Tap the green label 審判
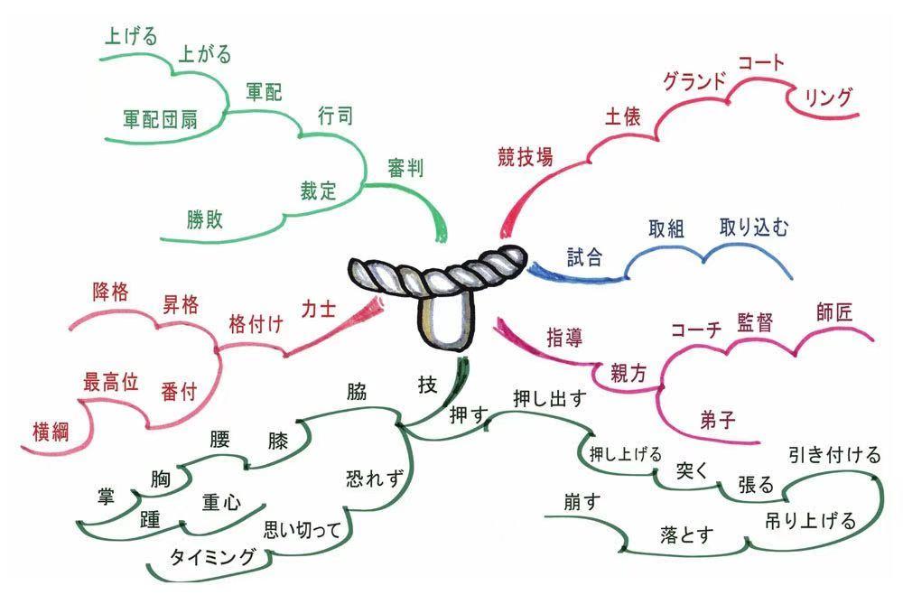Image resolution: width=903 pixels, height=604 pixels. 406,168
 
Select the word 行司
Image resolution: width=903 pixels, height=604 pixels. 335,116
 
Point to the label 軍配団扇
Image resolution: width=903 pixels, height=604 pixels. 160,119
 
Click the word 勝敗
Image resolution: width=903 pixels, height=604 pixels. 204,219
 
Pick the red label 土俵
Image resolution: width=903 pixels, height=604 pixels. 622,116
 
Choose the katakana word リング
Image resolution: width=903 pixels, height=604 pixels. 827,98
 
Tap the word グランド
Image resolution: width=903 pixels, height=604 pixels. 694,80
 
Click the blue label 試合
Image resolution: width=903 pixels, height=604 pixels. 584,256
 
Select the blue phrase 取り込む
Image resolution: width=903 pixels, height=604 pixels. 754,228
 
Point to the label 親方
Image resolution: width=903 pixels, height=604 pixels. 628,375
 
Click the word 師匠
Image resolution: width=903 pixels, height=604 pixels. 833,312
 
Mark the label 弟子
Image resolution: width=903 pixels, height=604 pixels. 718,420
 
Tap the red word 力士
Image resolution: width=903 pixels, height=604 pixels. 319,309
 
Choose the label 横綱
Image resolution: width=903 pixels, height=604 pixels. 51,432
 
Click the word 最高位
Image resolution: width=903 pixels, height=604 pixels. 110,382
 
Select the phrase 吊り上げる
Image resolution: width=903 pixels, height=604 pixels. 810,521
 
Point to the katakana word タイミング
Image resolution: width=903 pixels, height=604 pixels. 213,557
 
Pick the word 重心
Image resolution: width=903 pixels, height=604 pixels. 221,503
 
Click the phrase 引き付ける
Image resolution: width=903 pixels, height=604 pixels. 834,455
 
